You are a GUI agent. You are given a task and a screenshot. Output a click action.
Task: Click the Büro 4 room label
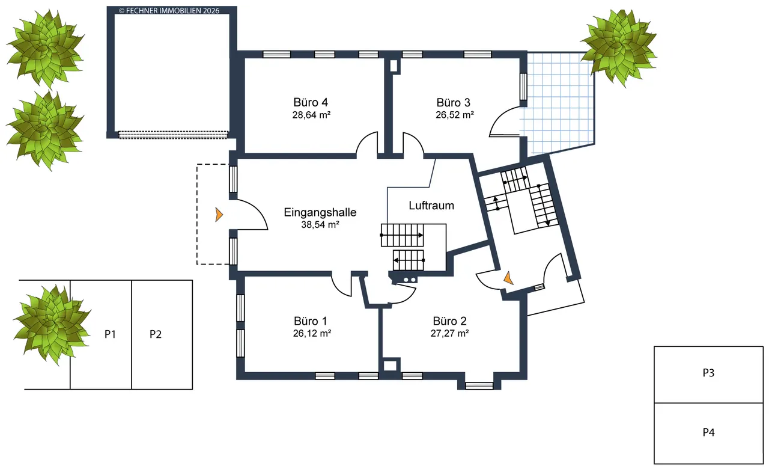click(311, 102)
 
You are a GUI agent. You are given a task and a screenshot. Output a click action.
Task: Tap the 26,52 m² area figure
click(455, 115)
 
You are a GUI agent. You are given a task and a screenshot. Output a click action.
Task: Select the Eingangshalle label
click(320, 212)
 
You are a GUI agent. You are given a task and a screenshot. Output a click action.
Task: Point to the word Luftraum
click(431, 206)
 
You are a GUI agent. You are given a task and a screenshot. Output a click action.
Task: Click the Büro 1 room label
click(311, 321)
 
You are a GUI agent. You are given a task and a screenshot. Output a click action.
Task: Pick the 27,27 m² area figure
click(450, 333)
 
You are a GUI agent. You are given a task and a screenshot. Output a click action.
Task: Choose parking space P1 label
click(110, 334)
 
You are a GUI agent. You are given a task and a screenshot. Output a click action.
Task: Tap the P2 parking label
click(156, 334)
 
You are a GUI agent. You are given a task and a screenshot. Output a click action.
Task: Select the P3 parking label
click(708, 373)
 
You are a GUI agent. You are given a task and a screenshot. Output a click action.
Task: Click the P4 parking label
click(708, 432)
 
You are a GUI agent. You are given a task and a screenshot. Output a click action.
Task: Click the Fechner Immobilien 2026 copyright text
click(169, 11)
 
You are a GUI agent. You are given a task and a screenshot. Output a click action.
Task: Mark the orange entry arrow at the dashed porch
click(219, 215)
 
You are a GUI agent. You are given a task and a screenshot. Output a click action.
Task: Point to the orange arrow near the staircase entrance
click(508, 278)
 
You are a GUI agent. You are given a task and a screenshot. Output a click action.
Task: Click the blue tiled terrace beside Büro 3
click(558, 102)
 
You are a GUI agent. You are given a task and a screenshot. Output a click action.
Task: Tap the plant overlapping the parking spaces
click(52, 325)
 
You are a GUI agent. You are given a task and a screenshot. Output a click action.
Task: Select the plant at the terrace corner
click(619, 48)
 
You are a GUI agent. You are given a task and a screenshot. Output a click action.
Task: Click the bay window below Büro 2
click(479, 386)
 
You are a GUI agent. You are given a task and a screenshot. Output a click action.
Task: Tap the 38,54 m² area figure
click(320, 225)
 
